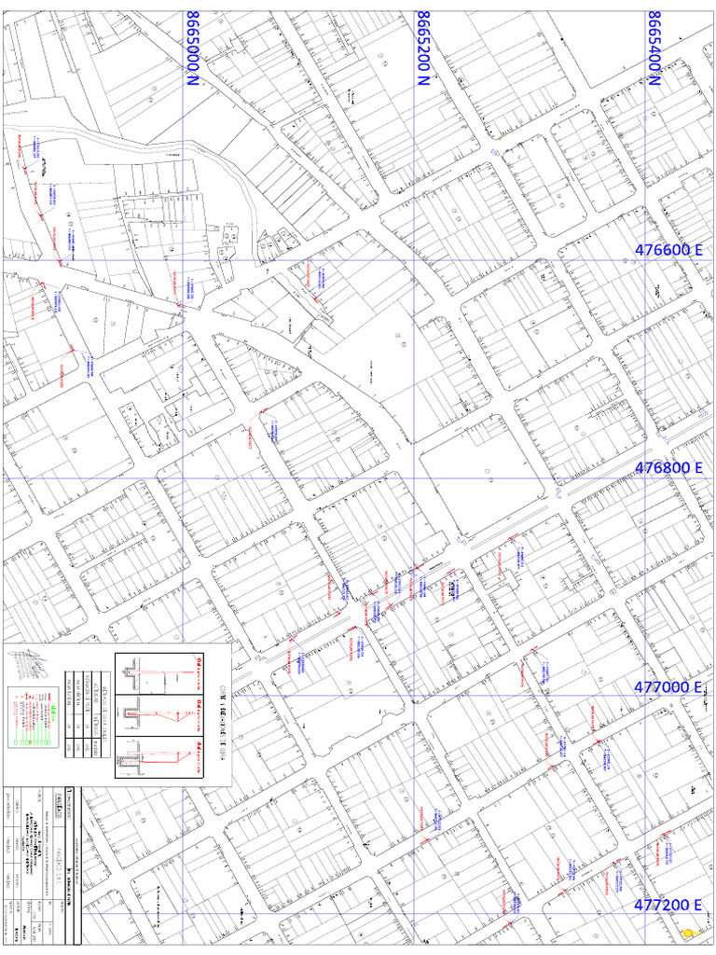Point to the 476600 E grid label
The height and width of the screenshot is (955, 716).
tap(668, 250)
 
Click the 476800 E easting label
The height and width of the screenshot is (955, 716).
tap(668, 468)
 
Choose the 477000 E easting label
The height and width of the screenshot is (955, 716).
tap(668, 686)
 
